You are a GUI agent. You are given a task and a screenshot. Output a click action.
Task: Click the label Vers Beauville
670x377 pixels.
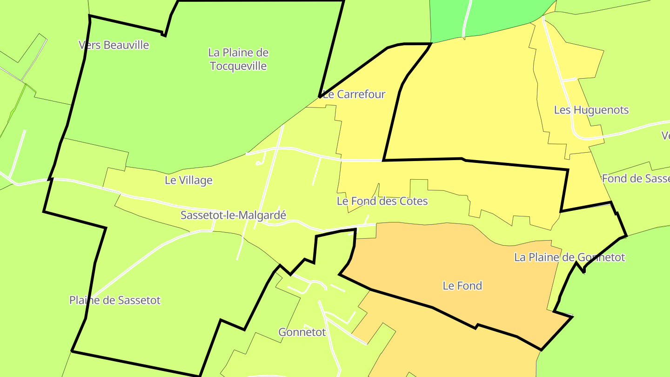click(114, 45)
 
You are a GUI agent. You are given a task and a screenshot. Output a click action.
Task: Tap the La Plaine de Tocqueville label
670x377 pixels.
click(238, 59)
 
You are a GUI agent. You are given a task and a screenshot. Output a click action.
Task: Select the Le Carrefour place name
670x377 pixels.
click(354, 94)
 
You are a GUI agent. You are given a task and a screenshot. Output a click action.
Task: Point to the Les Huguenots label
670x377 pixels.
click(591, 110)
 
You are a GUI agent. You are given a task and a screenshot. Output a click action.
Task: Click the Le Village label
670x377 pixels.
click(188, 181)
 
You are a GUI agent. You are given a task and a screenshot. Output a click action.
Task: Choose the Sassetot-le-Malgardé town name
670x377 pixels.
click(233, 215)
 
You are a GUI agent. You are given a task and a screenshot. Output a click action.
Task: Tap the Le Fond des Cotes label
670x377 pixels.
click(382, 201)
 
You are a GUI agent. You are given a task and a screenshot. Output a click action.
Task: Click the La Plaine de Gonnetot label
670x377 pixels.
click(569, 257)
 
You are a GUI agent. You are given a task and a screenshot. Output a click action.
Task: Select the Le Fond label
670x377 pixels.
click(462, 286)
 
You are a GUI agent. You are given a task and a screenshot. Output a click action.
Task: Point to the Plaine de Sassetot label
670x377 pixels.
click(115, 300)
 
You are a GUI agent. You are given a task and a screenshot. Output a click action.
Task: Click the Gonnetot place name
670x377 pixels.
click(302, 332)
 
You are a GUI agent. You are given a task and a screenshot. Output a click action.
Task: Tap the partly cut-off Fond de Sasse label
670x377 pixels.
click(636, 178)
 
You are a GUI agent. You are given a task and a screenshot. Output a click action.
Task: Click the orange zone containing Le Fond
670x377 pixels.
click(465, 261)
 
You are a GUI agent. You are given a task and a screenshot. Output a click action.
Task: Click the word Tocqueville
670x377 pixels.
click(238, 66)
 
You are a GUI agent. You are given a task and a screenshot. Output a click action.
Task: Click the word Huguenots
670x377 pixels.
click(601, 110)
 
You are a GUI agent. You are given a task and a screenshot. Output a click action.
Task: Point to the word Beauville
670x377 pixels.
click(127, 45)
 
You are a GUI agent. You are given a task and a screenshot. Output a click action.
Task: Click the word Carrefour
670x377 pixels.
click(361, 94)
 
